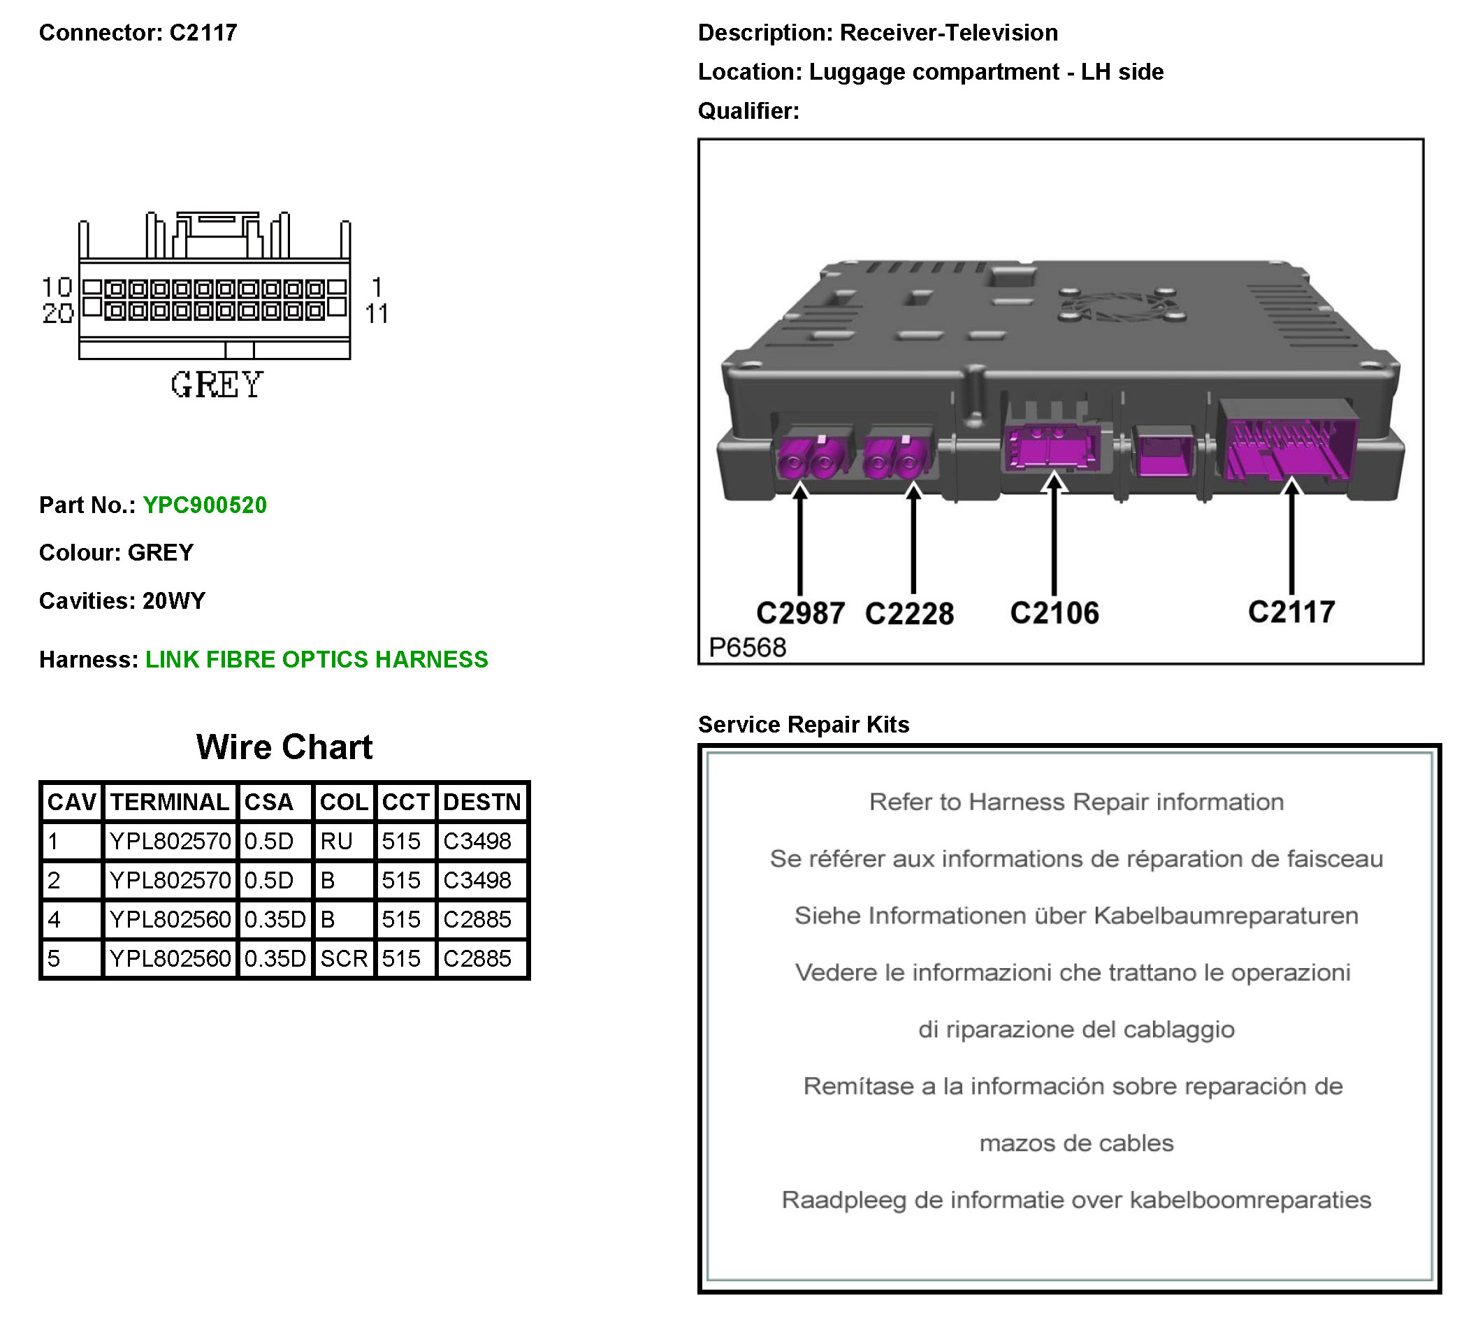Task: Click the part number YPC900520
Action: (x=204, y=505)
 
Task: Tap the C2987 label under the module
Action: (x=799, y=613)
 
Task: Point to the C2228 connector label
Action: (x=909, y=613)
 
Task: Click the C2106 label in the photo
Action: (x=1054, y=613)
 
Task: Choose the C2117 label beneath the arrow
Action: (x=1291, y=612)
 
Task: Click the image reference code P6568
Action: (x=747, y=647)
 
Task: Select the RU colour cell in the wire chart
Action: (x=337, y=841)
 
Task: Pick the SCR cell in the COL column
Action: (x=344, y=958)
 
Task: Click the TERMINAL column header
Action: (x=170, y=802)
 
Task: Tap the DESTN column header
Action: (x=481, y=802)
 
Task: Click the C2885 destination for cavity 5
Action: (x=477, y=958)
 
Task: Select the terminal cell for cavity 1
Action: (x=170, y=841)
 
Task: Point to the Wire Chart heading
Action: (x=284, y=747)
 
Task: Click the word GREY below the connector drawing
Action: (x=216, y=384)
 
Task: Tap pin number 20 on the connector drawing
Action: (x=57, y=313)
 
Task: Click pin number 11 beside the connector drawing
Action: (x=376, y=314)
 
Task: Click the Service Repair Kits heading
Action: (x=804, y=724)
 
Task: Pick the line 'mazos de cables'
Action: (x=1075, y=1143)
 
